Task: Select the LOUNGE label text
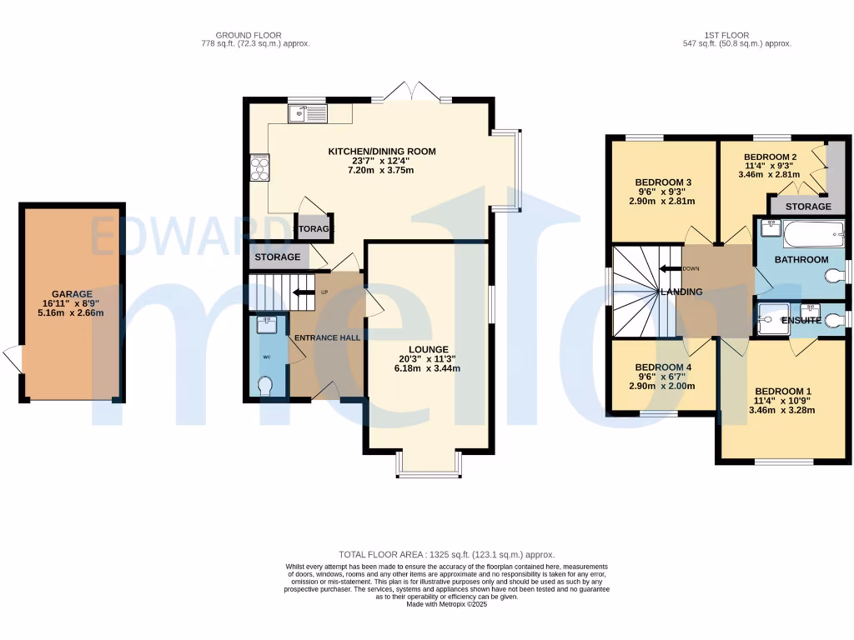tap(429, 349)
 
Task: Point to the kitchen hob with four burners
tap(259, 167)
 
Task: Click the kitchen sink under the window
tap(308, 114)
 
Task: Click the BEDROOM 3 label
tap(664, 182)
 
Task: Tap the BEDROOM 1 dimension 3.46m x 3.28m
tap(782, 410)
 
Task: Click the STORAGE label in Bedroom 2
tap(808, 206)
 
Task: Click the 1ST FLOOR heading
tap(723, 35)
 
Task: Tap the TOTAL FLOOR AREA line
tap(446, 554)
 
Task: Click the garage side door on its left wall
tap(13, 359)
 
